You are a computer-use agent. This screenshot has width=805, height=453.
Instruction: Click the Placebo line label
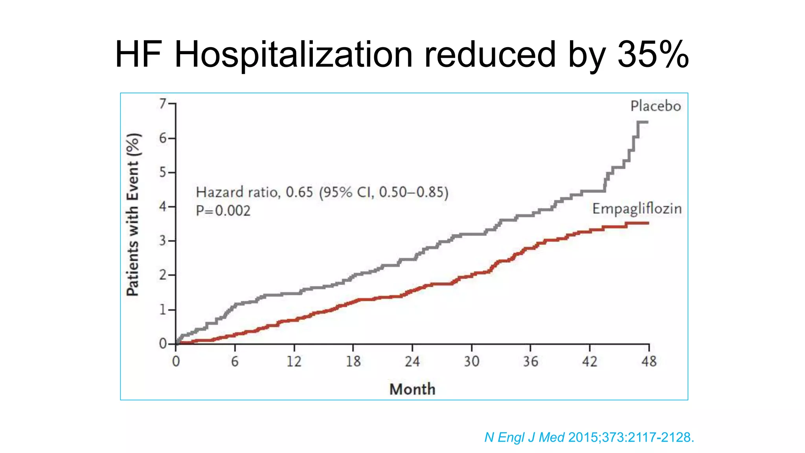click(656, 106)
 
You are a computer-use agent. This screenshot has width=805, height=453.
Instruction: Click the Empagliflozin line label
click(637, 209)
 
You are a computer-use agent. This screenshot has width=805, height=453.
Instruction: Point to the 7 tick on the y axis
click(163, 104)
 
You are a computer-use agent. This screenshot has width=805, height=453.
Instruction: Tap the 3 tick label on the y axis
click(163, 241)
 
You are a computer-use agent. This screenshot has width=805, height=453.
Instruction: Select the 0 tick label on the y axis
click(163, 344)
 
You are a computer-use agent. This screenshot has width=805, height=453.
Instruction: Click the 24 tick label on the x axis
click(412, 361)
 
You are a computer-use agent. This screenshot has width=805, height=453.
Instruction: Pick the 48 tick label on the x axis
click(649, 361)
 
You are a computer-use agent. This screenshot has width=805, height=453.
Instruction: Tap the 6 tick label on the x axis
click(235, 361)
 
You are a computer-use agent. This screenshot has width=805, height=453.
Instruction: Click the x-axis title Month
click(412, 389)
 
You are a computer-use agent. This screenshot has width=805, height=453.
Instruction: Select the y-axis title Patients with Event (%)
click(133, 215)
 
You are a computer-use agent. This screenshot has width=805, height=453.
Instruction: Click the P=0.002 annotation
click(223, 211)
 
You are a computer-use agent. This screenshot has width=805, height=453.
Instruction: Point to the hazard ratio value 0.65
click(299, 192)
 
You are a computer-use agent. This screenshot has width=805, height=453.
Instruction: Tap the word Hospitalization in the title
click(293, 55)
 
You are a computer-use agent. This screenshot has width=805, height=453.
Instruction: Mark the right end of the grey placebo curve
click(647, 122)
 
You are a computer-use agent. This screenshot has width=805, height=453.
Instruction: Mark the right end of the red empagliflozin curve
click(648, 223)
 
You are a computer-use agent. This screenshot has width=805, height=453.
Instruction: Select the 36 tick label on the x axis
click(531, 361)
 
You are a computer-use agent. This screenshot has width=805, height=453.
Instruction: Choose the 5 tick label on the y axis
click(163, 172)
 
